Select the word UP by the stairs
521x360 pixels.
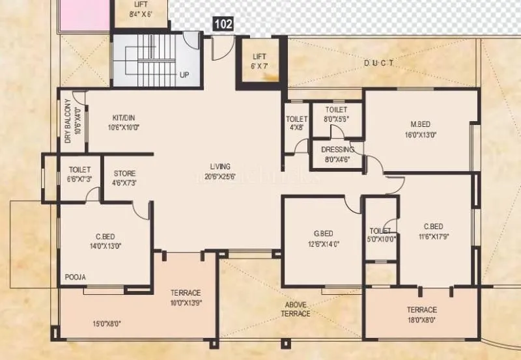pos(184,75)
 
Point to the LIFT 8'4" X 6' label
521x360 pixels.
pos(141,8)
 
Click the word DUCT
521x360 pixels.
pos(380,63)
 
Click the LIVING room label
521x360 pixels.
pos(219,171)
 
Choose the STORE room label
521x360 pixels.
pos(124,178)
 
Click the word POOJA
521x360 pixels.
pos(75,277)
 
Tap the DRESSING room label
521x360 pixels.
pos(337,154)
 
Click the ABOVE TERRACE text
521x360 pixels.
pos(296,309)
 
